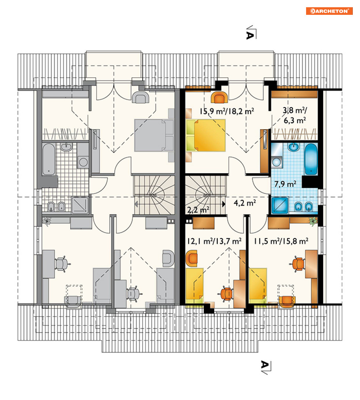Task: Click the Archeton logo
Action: (x=329, y=11)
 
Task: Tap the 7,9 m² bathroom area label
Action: (x=285, y=184)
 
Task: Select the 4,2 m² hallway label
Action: (x=245, y=203)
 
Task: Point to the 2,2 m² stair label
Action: (x=198, y=210)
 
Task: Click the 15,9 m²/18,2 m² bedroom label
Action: (x=226, y=111)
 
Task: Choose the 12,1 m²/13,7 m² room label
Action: (x=214, y=241)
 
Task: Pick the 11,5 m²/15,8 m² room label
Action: (x=281, y=241)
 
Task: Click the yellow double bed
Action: (x=206, y=136)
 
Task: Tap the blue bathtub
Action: (x=311, y=159)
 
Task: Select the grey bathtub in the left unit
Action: (x=48, y=159)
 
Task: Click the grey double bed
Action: (x=154, y=135)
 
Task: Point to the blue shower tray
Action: (x=280, y=205)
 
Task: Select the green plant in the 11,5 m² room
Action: (x=313, y=221)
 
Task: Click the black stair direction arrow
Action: (x=224, y=204)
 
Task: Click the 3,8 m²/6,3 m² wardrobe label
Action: (x=295, y=115)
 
